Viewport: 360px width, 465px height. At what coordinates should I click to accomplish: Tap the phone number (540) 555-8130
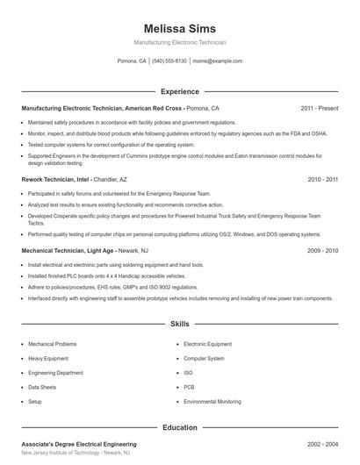click(x=169, y=61)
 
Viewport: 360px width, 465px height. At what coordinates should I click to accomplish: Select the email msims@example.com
click(x=217, y=61)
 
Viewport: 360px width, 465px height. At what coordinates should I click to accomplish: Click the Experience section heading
click(x=180, y=91)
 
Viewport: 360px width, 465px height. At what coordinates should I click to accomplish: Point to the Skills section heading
click(x=180, y=324)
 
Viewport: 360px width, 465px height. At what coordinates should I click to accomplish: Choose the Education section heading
click(x=180, y=427)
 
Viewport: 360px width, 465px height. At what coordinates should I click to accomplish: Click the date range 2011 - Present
click(x=320, y=108)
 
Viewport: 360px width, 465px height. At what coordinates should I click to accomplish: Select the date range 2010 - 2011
click(x=323, y=179)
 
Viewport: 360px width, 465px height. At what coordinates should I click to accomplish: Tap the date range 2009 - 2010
click(x=323, y=250)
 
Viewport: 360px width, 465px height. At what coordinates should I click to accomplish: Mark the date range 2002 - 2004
click(x=323, y=445)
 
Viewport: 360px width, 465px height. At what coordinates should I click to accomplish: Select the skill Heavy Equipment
click(x=48, y=358)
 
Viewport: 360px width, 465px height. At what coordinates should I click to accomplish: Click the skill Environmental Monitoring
click(x=212, y=401)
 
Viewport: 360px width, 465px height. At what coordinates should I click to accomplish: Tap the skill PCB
click(x=189, y=387)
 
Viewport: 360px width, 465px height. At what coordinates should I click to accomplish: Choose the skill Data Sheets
click(x=42, y=387)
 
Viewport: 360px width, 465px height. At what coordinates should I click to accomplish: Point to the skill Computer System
click(x=204, y=358)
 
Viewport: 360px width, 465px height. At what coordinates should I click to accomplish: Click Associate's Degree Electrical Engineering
click(x=79, y=445)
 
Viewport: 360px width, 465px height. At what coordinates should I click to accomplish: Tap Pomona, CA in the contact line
click(x=132, y=61)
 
